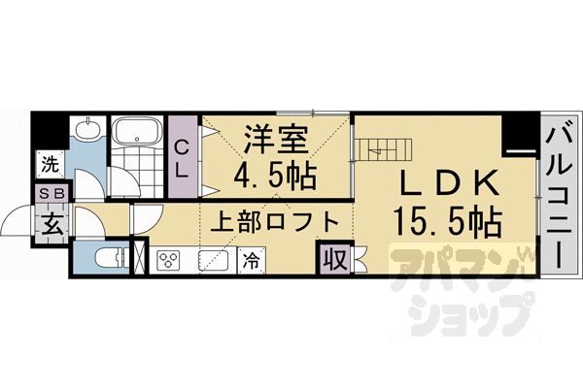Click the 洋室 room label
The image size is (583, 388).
pyautogui.click(x=276, y=141)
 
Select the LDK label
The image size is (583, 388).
pyautogui.click(x=450, y=183)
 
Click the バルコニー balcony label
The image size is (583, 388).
pyautogui.click(x=559, y=194)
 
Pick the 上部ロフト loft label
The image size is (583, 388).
pyautogui.click(x=276, y=221)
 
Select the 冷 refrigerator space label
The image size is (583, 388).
pyautogui.click(x=251, y=260)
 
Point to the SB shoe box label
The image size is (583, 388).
pyautogui.click(x=51, y=194)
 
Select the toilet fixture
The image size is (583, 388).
pyautogui.click(x=109, y=258)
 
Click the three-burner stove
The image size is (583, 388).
pyautogui.click(x=170, y=260)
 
